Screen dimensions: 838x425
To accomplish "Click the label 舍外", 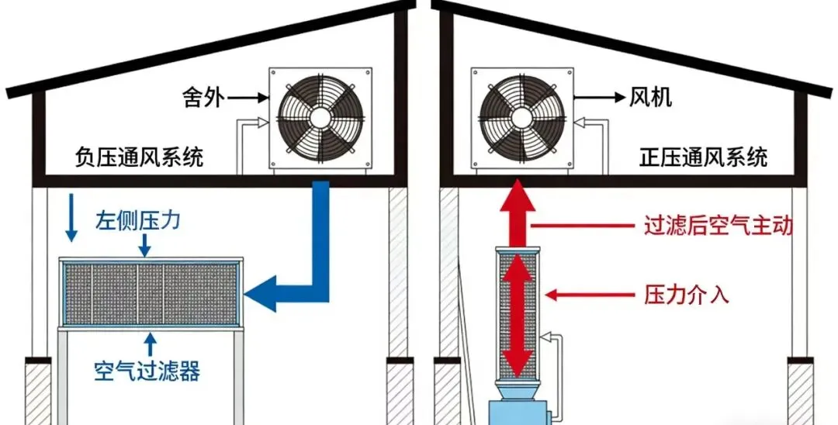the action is pyautogui.click(x=204, y=98).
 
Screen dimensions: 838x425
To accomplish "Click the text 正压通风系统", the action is pyautogui.click(x=704, y=158).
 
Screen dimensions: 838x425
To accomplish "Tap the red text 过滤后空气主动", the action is pyautogui.click(x=719, y=226).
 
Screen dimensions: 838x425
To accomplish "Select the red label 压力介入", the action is pyautogui.click(x=687, y=294).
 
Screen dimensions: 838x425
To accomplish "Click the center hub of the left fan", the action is pyautogui.click(x=318, y=116).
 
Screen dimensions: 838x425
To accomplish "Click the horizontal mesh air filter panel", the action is pyautogui.click(x=152, y=294).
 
